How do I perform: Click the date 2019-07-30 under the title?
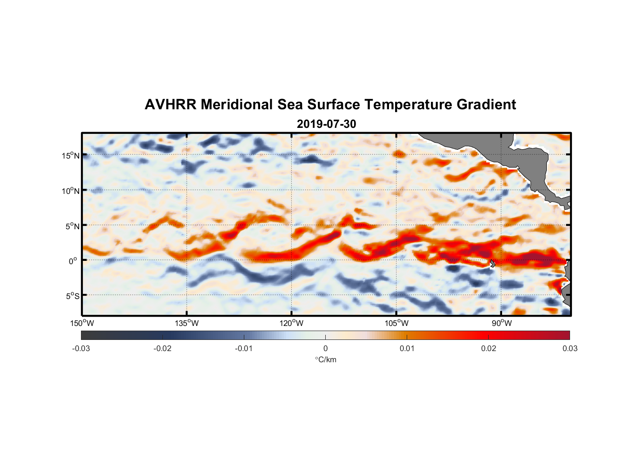(x=326, y=124)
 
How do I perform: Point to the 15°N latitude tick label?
(x=71, y=155)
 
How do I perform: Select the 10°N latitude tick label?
(x=71, y=191)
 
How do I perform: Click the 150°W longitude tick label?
(x=82, y=323)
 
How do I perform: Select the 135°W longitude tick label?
(x=187, y=323)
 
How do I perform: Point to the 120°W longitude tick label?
(x=292, y=323)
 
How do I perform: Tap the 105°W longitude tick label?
(x=396, y=323)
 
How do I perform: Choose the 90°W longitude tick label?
(x=502, y=323)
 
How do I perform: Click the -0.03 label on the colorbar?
(x=81, y=349)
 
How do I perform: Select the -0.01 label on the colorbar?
(x=244, y=349)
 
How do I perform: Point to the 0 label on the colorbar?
(x=325, y=349)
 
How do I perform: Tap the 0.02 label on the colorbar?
(x=489, y=349)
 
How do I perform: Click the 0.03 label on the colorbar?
(x=570, y=349)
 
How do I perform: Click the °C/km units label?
(x=326, y=359)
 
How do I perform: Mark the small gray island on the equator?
(x=493, y=263)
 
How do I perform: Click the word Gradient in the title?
(x=486, y=105)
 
